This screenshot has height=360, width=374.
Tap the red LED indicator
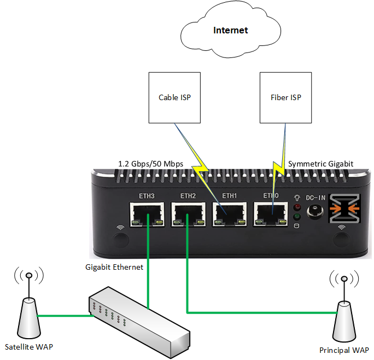tap(297, 207)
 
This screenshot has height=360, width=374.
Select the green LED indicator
tap(297, 216)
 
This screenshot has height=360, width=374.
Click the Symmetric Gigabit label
tap(320, 164)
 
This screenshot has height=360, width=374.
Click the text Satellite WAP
tap(29, 346)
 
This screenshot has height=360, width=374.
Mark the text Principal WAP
tap(344, 350)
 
